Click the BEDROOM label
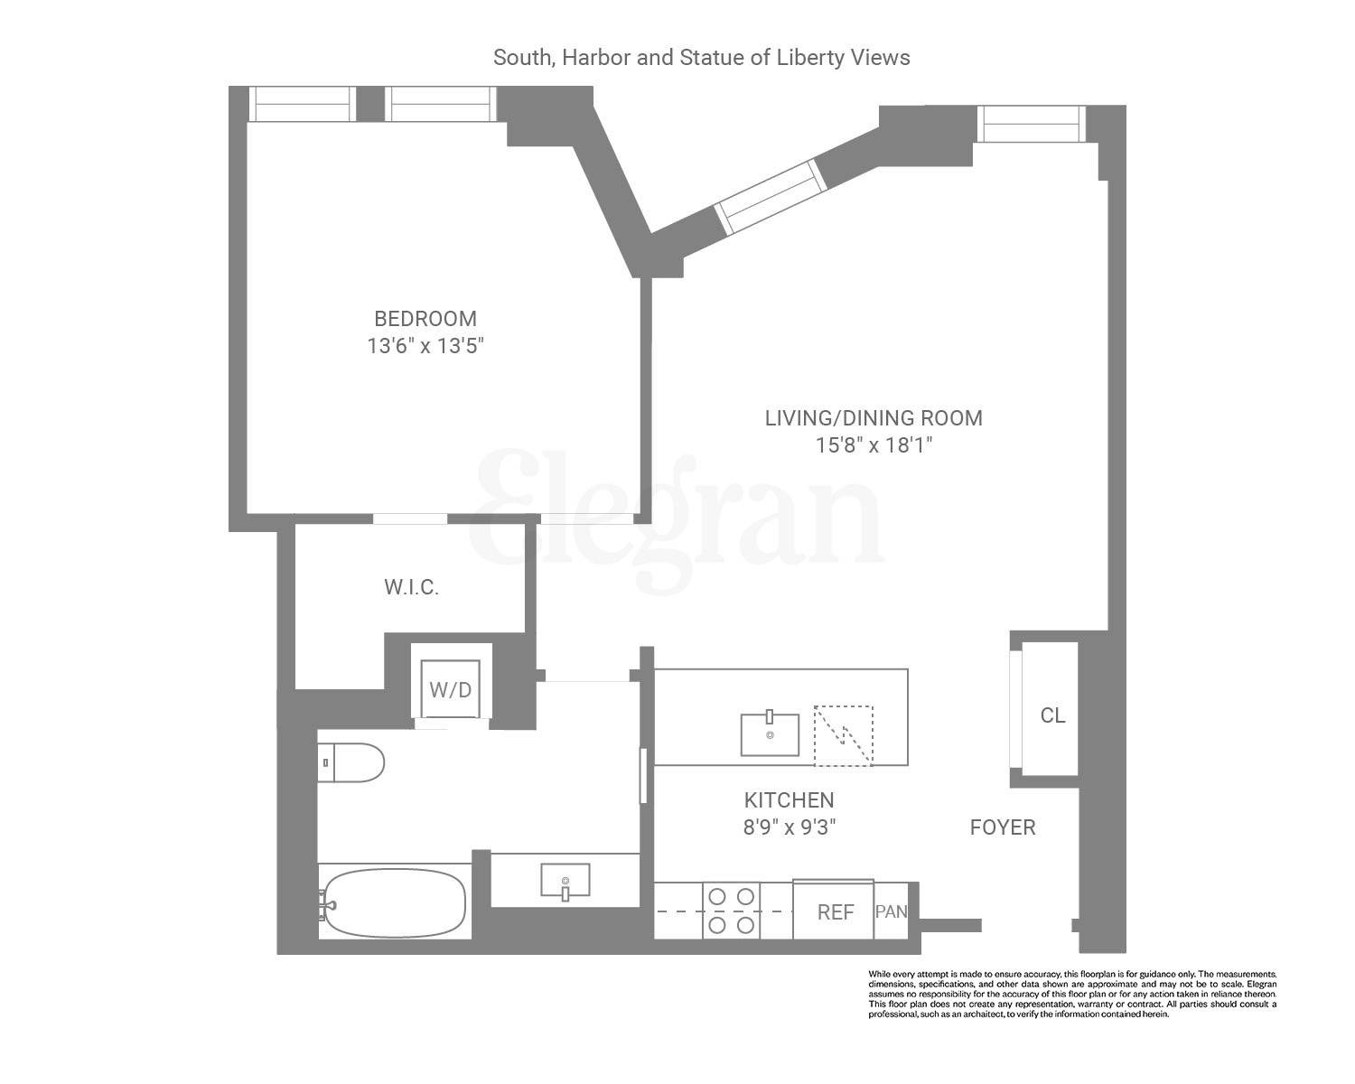pyautogui.click(x=425, y=319)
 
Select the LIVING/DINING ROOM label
pyautogui.click(x=874, y=418)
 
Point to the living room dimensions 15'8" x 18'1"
pyautogui.click(x=874, y=445)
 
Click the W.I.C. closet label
pyautogui.click(x=411, y=587)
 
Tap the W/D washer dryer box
pyautogui.click(x=450, y=690)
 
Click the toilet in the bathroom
pyautogui.click(x=351, y=762)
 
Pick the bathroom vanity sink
pyautogui.click(x=565, y=880)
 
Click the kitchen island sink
pyautogui.click(x=770, y=734)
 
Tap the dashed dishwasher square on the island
pyautogui.click(x=844, y=736)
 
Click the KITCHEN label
pyautogui.click(x=789, y=800)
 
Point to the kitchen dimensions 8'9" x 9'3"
pyautogui.click(x=789, y=827)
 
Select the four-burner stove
pyautogui.click(x=732, y=911)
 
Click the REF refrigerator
pyautogui.click(x=835, y=912)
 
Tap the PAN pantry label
pyautogui.click(x=891, y=911)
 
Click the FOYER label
pyautogui.click(x=1003, y=827)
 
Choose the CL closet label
pyautogui.click(x=1052, y=715)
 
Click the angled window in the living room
pyautogui.click(x=771, y=198)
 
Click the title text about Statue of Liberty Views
pyautogui.click(x=701, y=58)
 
